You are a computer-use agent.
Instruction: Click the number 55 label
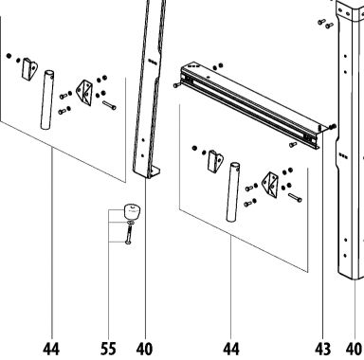108,349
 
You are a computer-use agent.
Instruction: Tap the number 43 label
323,349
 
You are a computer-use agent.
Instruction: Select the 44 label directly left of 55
51,349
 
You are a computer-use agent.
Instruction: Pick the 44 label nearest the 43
231,349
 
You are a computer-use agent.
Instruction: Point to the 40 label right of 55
144,349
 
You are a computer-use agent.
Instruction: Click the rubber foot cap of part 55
132,212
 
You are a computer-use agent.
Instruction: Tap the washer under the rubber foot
131,223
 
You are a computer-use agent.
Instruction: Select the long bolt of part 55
129,235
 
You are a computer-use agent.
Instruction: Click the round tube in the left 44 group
47,99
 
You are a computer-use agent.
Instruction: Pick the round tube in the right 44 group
233,192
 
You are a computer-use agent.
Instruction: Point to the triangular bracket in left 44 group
85,93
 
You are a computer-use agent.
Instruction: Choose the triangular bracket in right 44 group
271,185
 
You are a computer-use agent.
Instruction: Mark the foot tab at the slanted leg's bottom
154,173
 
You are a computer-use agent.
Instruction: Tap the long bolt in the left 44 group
109,105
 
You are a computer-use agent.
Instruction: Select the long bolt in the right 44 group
295,198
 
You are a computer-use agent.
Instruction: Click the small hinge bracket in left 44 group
29,68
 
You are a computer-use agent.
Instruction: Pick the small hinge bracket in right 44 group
215,161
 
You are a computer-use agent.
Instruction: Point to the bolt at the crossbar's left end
176,85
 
